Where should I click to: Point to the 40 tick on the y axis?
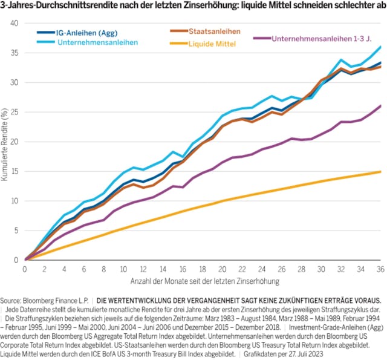pyautogui.click(x=15, y=23)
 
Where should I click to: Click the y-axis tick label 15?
pyautogui.click(x=15, y=171)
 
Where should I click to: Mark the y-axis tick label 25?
pyautogui.click(x=15, y=112)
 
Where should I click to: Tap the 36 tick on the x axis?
pyautogui.click(x=379, y=268)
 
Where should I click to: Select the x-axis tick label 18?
pyautogui.click(x=202, y=268)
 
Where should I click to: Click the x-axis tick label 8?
pyautogui.click(x=104, y=268)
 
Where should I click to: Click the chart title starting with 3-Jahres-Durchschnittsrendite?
pyautogui.click(x=193, y=5)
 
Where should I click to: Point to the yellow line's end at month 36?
pyautogui.click(x=379, y=172)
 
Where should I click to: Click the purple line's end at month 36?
pyautogui.click(x=379, y=106)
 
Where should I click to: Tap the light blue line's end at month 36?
pyautogui.click(x=379, y=47)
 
